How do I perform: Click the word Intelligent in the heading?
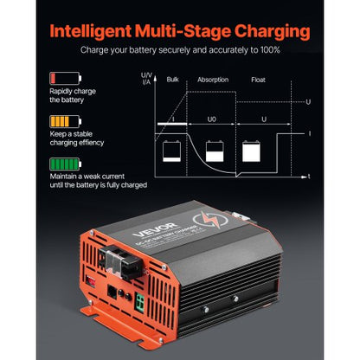[93, 33]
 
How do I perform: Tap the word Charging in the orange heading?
[263, 33]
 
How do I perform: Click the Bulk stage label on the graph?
[172, 78]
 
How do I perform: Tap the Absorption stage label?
[214, 78]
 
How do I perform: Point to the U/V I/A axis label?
[146, 80]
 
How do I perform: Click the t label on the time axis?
[310, 176]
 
